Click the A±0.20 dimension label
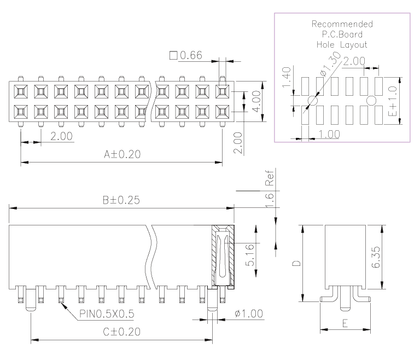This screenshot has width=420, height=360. coord(122,154)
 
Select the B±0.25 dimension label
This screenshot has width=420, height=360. coord(121,200)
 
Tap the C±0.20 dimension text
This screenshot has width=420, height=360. coord(122,332)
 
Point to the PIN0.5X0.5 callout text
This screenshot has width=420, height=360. coord(107,314)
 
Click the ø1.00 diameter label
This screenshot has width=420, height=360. coord(249,313)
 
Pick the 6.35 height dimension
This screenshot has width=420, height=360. coord(376,257)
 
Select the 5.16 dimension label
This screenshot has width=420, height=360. coord(249,255)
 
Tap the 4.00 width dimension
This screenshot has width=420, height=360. coord(256,102)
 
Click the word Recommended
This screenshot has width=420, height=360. coord(342,24)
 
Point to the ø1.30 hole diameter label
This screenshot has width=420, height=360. coord(330,64)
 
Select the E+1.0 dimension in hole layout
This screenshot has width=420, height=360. coord(393,101)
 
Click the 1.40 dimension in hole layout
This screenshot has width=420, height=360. coord(287,77)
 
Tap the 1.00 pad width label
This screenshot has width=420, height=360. coord(329,134)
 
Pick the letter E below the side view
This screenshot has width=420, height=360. coord(345,323)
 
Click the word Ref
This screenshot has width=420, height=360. coord(270,178)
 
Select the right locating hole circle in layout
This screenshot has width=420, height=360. coord(371,101)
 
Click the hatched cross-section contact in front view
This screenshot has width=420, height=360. coord(223,256)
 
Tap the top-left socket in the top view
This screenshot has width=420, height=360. coord(21,91)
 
